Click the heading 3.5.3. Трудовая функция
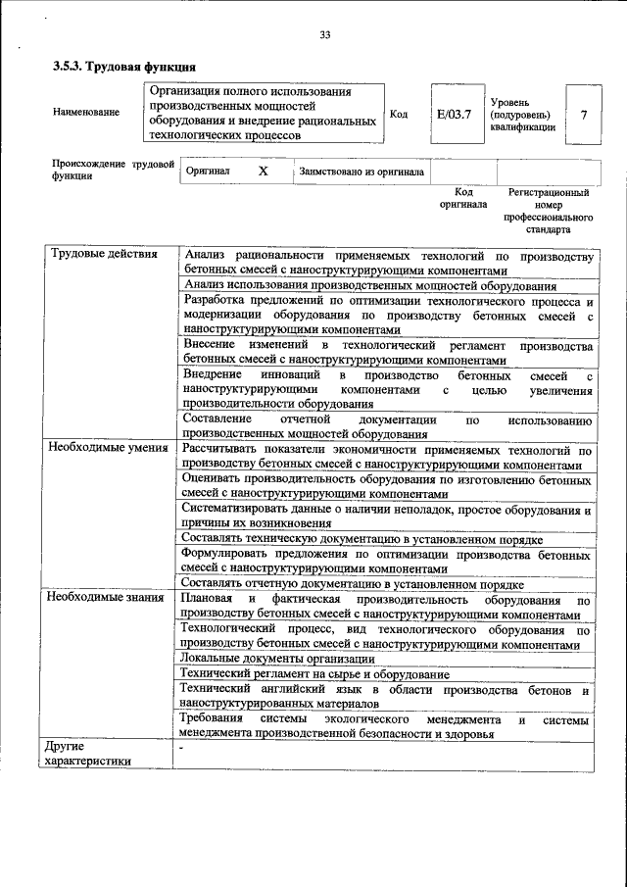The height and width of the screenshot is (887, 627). pos(124,67)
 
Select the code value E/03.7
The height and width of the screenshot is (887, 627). pos(454,114)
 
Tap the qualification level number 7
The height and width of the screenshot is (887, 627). pos(584,114)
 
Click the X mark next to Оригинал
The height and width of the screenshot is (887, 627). pos(263,171)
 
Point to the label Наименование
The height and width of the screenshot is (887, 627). pos(86,112)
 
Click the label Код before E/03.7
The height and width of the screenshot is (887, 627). pos(399,114)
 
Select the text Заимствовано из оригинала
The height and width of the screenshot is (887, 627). pos(361,172)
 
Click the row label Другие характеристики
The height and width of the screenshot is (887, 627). pos(88,757)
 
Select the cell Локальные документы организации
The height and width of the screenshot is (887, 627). pos(266,658)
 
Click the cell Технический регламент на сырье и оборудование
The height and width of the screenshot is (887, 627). pos(315,674)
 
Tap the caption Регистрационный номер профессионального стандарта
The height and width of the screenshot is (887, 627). pos(549,213)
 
